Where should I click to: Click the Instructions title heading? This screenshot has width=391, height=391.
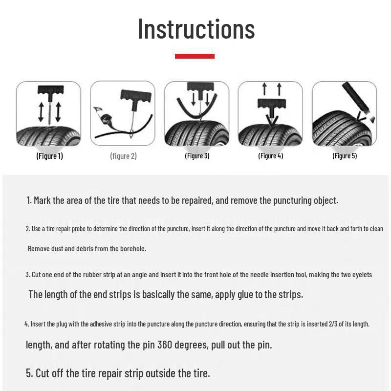click(196, 29)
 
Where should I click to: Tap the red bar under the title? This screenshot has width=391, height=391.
click(195, 56)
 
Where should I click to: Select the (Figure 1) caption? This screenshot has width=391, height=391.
click(49, 156)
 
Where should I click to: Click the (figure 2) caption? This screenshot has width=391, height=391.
click(123, 156)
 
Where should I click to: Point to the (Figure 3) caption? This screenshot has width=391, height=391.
click(197, 156)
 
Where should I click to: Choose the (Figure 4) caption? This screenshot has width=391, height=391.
click(270, 156)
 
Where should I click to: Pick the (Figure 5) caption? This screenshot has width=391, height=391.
click(345, 156)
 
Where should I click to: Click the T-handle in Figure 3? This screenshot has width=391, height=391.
click(200, 87)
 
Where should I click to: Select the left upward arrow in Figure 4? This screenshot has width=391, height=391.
click(264, 89)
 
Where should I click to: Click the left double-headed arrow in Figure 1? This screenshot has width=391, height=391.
click(42, 112)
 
